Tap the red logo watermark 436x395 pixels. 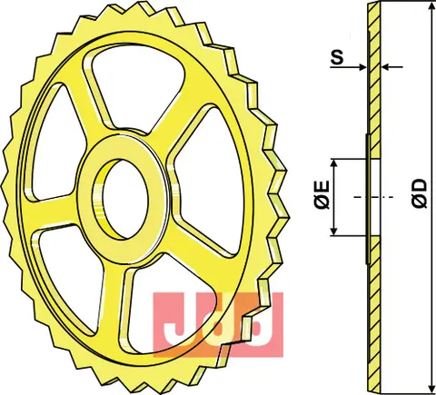[217, 322]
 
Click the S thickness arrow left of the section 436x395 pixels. [362, 67]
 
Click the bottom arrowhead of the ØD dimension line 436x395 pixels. [425, 386]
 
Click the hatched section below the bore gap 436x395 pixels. [372, 309]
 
